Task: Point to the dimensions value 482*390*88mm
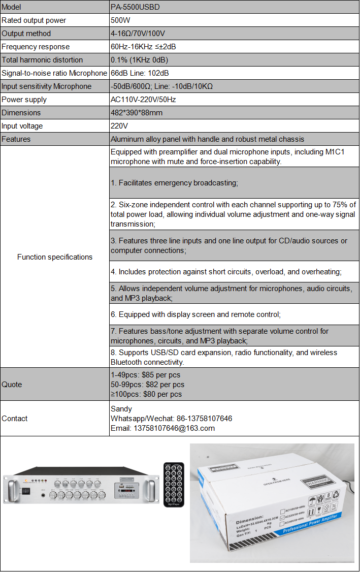[136, 113]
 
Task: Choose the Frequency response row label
[36, 47]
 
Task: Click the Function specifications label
[55, 257]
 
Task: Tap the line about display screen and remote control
[195, 315]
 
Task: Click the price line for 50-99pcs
[147, 385]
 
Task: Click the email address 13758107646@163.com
[162, 428]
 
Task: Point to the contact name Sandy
[121, 409]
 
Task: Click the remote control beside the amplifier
[173, 484]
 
